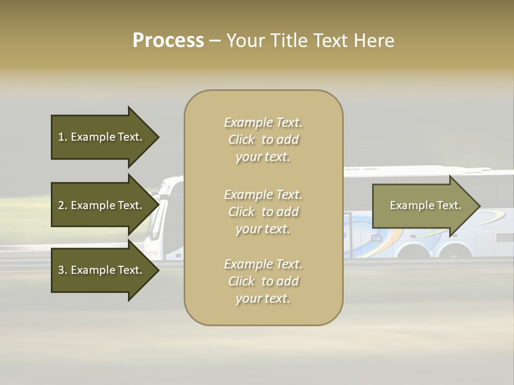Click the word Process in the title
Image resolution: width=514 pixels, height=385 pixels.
(168, 41)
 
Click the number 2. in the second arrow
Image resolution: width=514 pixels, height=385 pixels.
(62, 205)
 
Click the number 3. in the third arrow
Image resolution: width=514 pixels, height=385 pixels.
(62, 270)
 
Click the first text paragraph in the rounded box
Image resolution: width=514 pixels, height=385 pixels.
(263, 140)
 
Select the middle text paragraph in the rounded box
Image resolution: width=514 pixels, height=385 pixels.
(263, 211)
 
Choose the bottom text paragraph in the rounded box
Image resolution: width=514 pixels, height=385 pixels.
(263, 281)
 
